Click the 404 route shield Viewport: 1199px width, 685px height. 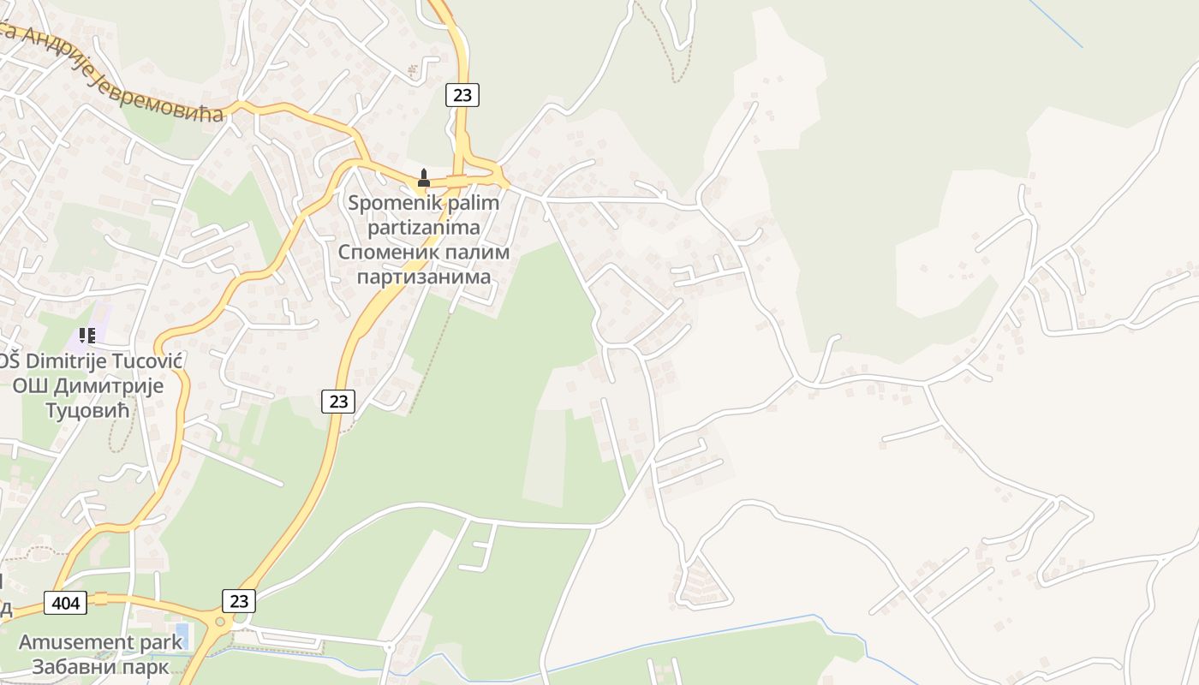(65, 603)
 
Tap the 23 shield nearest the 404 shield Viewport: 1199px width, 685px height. (239, 601)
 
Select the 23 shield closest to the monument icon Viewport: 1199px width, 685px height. (462, 95)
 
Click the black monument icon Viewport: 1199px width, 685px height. (422, 179)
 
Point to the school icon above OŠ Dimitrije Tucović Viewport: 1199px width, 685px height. (86, 336)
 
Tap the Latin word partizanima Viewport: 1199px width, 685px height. (423, 229)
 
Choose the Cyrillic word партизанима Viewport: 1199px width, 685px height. (423, 277)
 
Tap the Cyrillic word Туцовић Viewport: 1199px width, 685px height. (86, 410)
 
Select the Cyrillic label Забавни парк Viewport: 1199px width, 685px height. (100, 666)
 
